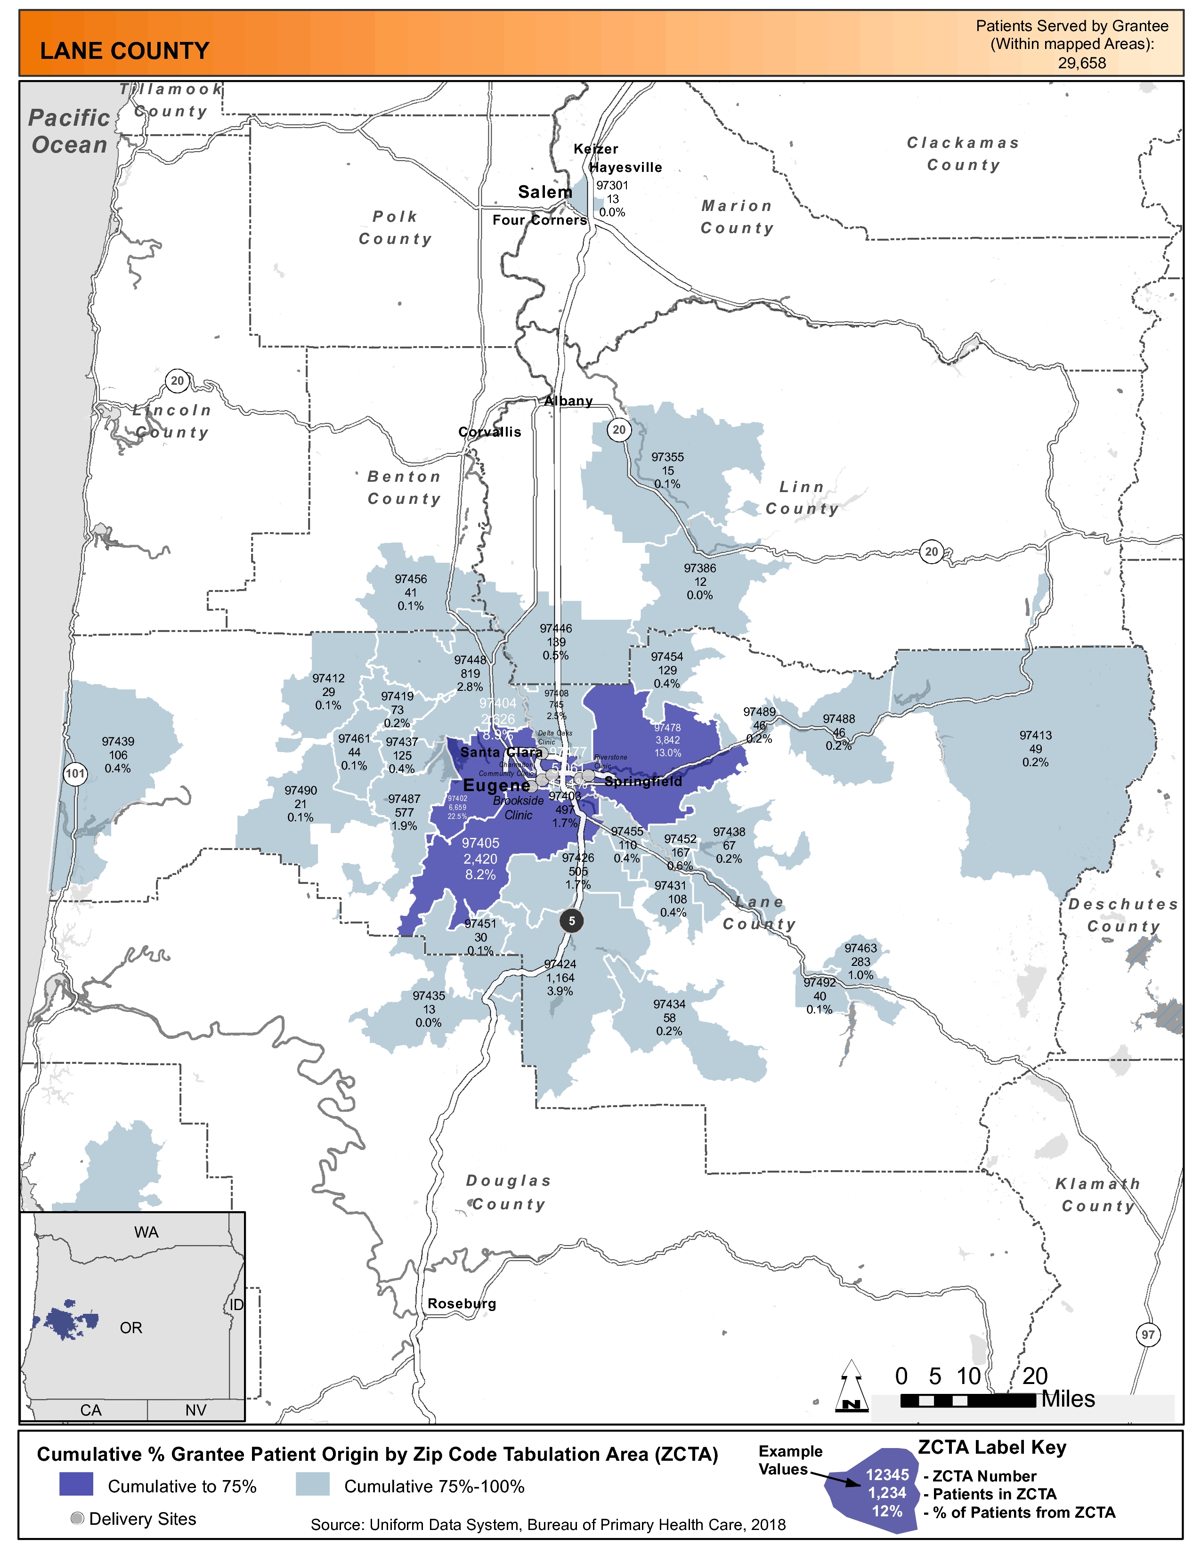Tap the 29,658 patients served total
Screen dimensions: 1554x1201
click(x=1081, y=63)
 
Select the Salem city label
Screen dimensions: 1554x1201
click(x=545, y=192)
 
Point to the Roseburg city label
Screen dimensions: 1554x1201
click(x=462, y=1303)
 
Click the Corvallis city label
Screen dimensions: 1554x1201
click(x=489, y=432)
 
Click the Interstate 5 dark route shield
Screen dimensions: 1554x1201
click(x=571, y=921)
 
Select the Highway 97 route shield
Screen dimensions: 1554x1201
click(x=1148, y=1334)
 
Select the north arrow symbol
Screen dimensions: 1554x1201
click(x=851, y=1385)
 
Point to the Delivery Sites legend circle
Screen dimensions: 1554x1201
click(x=78, y=1518)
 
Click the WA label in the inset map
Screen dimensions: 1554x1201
click(x=146, y=1232)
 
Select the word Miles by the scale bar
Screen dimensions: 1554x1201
click(x=1068, y=1399)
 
